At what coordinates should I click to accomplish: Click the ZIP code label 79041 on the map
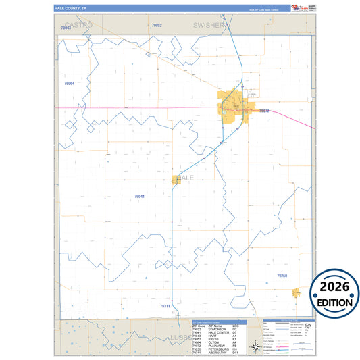tap(140, 196)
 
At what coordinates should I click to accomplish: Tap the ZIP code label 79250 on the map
tap(282, 276)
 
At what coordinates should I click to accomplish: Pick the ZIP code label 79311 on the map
tap(165, 306)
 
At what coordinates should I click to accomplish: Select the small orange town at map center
tap(176, 180)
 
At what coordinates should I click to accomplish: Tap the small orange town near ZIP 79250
tap(296, 292)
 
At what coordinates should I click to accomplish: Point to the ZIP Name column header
tap(217, 325)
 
